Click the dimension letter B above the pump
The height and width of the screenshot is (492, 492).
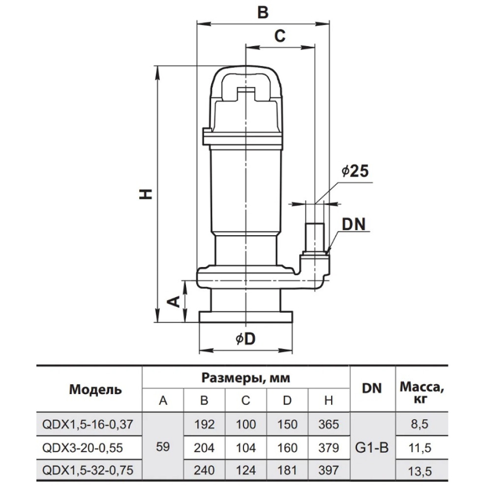point(263,13)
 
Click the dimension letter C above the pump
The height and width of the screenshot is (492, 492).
point(280,36)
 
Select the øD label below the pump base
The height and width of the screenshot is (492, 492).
point(246,339)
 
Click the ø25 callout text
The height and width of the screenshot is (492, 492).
point(355,171)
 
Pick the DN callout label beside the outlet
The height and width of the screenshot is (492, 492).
point(354,225)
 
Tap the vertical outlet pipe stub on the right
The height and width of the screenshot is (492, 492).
point(314,237)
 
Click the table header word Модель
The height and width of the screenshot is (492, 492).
point(95,390)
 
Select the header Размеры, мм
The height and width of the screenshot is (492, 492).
point(246,378)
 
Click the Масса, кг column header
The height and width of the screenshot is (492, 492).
point(422,393)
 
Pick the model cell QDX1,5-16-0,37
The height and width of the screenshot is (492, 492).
point(88,424)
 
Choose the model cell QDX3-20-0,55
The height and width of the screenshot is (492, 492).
point(83,448)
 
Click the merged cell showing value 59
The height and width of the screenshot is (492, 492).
point(163,447)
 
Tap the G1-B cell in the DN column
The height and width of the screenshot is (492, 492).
point(372,448)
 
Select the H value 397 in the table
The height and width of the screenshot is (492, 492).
point(329,470)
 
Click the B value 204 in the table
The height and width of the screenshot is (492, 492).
point(204,448)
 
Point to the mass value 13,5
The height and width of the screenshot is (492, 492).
point(420,471)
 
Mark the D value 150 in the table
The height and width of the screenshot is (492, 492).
point(287,425)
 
